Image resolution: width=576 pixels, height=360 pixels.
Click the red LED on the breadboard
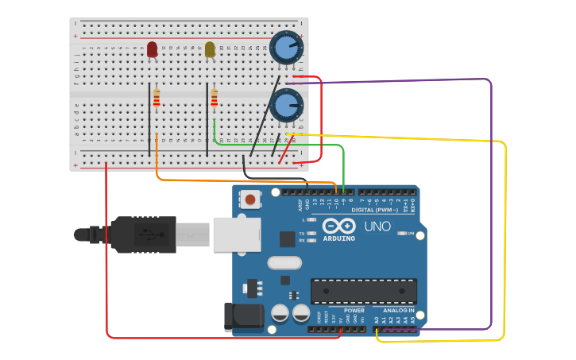coord(152,49)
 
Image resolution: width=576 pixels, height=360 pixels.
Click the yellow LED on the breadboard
coord(210,49)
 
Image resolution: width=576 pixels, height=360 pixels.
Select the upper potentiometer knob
coord(285,48)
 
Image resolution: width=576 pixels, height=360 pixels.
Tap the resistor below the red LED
coord(157,98)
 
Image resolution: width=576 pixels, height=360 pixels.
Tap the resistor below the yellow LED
coord(215,98)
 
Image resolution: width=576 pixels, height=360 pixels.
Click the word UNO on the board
coord(377,226)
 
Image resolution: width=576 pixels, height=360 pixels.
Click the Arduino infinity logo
coord(339,226)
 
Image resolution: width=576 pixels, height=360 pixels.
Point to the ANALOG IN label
coord(398,310)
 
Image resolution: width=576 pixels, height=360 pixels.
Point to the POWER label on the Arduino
coord(354,310)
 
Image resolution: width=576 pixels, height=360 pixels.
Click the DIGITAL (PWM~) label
coord(376,210)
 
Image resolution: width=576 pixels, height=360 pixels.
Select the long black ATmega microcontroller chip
coord(363,291)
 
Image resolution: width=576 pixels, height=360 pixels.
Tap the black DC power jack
coord(242,317)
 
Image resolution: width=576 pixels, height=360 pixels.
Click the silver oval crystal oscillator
coord(285,262)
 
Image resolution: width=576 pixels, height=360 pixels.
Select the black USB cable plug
coord(143,234)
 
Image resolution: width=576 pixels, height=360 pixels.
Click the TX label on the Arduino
coord(303,234)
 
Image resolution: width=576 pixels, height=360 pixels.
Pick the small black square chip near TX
coord(287,238)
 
